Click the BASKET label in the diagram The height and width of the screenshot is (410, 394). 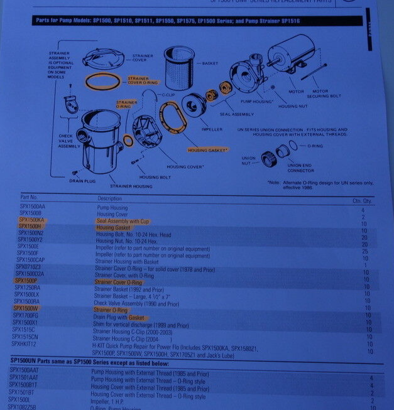(210, 63)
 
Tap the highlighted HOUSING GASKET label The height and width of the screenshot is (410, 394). (207, 150)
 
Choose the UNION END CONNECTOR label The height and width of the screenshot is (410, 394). (300, 168)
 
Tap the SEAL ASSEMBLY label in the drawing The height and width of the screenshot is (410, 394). (237, 114)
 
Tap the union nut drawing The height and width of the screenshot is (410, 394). (269, 159)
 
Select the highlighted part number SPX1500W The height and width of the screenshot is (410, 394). (26, 308)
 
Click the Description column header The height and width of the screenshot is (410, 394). (109, 198)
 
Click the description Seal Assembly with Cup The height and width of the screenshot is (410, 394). (123, 221)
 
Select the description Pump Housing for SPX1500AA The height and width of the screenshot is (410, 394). (112, 207)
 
